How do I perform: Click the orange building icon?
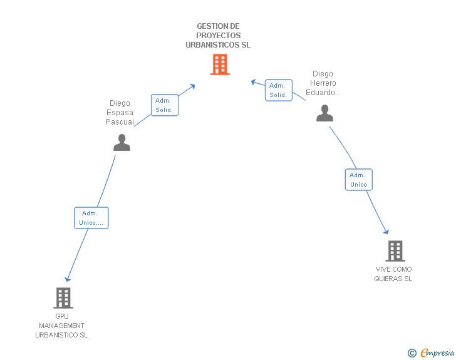click(x=220, y=64)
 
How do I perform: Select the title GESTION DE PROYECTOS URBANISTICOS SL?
click(x=218, y=36)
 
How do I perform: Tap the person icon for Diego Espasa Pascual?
click(x=122, y=143)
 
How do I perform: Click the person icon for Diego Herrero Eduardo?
click(x=325, y=113)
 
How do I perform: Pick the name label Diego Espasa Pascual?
click(x=120, y=113)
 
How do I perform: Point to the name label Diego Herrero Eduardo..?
click(x=323, y=83)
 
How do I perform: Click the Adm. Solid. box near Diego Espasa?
click(x=165, y=105)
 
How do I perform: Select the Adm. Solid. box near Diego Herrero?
click(x=279, y=90)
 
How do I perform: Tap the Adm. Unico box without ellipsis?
click(x=358, y=180)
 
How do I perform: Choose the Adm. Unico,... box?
click(x=91, y=218)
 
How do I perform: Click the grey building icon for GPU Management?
click(x=63, y=298)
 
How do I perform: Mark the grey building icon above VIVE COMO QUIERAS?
click(x=395, y=251)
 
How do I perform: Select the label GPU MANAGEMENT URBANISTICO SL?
click(x=61, y=326)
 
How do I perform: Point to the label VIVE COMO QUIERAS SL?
click(x=393, y=274)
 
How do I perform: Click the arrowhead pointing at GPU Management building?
click(x=68, y=279)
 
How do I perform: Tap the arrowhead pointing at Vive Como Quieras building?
click(x=386, y=232)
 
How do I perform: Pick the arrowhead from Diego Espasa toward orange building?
click(x=192, y=86)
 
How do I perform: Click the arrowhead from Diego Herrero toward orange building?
click(x=254, y=82)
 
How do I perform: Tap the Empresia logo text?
click(x=437, y=352)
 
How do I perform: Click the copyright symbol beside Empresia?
click(x=412, y=353)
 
